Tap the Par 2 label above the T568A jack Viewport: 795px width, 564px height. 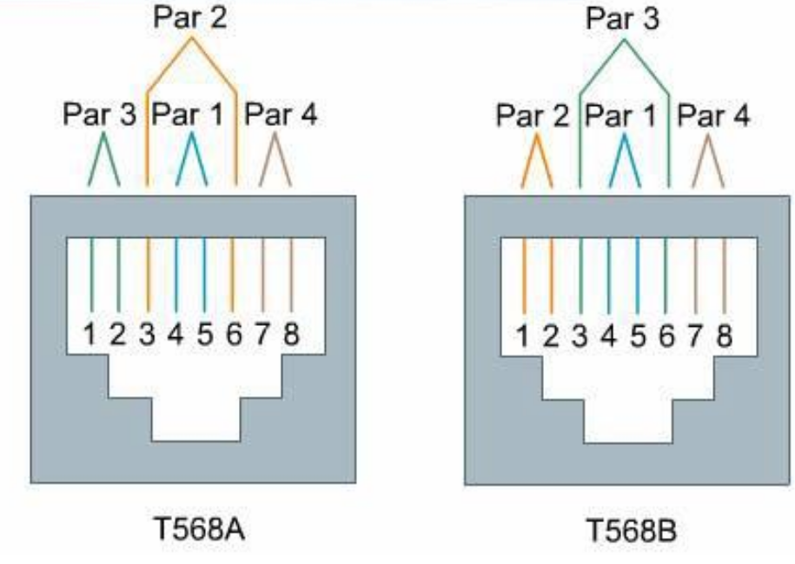pyautogui.click(x=191, y=18)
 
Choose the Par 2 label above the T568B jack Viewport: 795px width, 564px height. pyautogui.click(x=533, y=115)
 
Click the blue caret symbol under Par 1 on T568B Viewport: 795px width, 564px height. pyautogui.click(x=623, y=161)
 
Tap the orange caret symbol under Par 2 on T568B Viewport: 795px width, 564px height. pyautogui.click(x=537, y=161)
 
